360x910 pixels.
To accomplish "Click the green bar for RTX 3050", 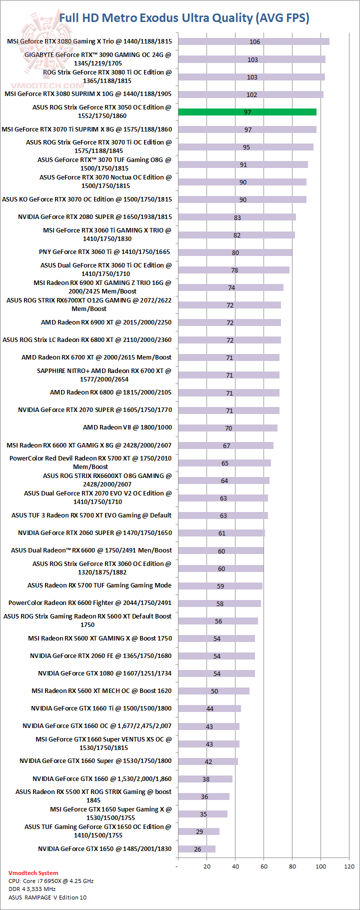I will click(247, 112).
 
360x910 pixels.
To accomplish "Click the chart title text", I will click(184, 18).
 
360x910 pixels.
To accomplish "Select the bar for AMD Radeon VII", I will click(227, 428).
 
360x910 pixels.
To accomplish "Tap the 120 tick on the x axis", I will click(349, 866).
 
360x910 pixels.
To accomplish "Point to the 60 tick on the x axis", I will click(264, 866).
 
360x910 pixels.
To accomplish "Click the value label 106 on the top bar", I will click(255, 42).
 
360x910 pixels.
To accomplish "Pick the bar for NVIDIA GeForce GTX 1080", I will click(216, 673).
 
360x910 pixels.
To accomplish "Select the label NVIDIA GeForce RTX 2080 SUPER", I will click(95, 217).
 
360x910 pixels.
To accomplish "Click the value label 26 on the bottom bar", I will click(197, 849).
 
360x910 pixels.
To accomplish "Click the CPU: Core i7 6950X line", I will click(51, 881).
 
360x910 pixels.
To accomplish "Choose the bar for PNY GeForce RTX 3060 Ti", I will click(235, 252).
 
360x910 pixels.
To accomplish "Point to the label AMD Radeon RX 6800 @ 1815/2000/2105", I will click(110, 392).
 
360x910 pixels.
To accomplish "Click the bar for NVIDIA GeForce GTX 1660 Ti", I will click(209, 708).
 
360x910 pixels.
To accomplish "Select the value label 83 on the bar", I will click(237, 217).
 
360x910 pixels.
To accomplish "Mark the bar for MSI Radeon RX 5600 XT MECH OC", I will click(213, 691).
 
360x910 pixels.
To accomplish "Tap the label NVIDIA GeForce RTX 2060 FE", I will click(100, 656).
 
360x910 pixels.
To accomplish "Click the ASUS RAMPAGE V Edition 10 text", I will click(47, 897).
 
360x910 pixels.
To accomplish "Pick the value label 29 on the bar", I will click(199, 831).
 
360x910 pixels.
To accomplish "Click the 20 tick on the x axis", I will click(207, 866).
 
